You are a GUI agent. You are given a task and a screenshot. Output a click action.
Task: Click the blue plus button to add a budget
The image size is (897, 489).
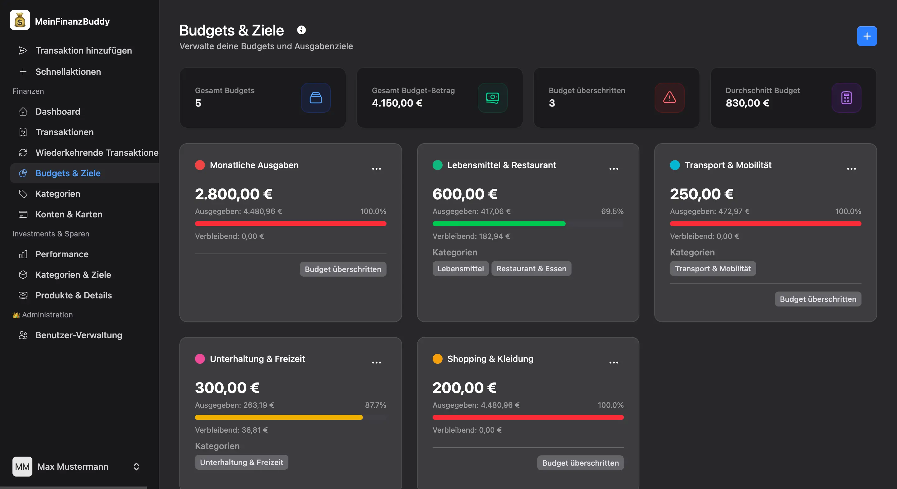(x=866, y=36)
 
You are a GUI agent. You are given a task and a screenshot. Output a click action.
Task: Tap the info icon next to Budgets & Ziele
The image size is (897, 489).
(x=301, y=30)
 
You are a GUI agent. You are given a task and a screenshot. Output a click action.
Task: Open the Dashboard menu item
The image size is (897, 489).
(x=58, y=112)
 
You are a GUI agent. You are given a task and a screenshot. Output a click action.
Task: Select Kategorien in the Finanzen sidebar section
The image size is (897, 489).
(x=58, y=194)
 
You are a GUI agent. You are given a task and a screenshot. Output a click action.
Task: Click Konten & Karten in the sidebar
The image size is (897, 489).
(x=69, y=214)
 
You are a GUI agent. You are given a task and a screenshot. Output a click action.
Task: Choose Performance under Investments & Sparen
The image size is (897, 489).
(x=62, y=254)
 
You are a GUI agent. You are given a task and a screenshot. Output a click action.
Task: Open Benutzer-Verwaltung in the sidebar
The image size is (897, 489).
(x=79, y=335)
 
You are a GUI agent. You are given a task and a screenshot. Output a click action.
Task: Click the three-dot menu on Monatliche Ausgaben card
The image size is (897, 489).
(x=376, y=169)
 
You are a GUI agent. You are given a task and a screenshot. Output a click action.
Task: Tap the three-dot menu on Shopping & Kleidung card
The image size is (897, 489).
(x=614, y=363)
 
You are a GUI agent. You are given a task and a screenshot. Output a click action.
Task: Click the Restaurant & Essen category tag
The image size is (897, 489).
(x=531, y=268)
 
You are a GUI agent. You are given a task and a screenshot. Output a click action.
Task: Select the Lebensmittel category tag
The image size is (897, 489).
(x=460, y=268)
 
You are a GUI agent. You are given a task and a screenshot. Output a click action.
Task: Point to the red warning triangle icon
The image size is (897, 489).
(x=669, y=97)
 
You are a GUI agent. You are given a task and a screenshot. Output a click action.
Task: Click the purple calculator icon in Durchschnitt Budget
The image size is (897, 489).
(x=846, y=97)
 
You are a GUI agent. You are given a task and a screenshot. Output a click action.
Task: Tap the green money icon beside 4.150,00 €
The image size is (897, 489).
(x=492, y=97)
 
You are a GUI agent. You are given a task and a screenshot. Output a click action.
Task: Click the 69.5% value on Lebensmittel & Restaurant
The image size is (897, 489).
(x=612, y=211)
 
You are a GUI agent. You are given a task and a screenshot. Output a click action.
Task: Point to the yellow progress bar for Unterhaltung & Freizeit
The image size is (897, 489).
(x=278, y=417)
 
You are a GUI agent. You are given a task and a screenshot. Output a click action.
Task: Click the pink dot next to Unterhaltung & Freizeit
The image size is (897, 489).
(x=200, y=359)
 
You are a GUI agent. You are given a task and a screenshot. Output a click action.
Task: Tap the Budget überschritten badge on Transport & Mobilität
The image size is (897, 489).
(x=818, y=299)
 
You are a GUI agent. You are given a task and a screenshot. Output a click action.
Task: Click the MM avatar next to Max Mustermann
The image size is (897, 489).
(x=22, y=466)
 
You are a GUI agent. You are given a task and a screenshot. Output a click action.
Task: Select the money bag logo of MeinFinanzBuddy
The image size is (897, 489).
(x=20, y=20)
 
